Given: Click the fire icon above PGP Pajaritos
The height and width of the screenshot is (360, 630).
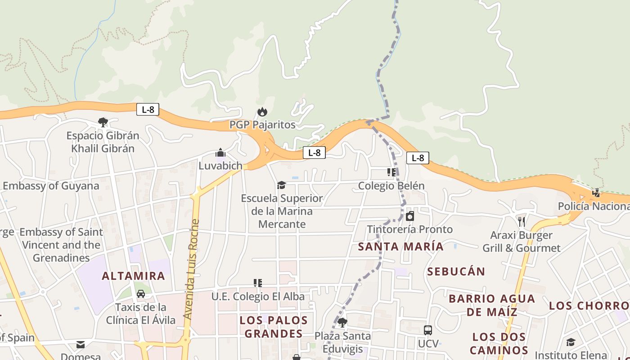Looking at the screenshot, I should [262, 112].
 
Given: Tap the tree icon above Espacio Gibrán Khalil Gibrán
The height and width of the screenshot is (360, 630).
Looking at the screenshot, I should [103, 122].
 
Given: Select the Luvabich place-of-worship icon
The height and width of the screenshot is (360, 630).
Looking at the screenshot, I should [220, 153].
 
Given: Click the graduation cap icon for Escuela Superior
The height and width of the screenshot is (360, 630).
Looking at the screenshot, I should [282, 185].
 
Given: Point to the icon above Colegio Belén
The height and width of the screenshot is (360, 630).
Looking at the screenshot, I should [391, 172].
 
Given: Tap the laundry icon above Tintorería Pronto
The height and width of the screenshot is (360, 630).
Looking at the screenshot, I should [410, 216].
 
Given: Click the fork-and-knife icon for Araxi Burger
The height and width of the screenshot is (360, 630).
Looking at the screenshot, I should [522, 221].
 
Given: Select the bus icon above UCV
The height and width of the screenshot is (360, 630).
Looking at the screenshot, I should [428, 330].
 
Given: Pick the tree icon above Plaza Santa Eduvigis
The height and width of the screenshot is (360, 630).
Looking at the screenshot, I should [342, 322].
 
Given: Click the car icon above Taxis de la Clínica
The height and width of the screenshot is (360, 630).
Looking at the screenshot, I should [141, 294].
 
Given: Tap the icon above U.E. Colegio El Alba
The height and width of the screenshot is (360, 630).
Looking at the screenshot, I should [258, 283].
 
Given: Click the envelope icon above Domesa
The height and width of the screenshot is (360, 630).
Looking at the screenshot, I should [81, 345].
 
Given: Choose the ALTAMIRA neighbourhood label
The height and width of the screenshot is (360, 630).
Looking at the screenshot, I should [134, 276].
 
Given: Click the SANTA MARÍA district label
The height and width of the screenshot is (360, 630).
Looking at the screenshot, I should [401, 247].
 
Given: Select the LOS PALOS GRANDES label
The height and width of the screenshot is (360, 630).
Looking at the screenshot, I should [274, 327].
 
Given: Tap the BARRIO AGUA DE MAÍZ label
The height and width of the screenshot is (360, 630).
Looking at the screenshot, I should [492, 305].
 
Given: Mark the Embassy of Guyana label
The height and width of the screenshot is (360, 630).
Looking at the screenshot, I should [51, 186].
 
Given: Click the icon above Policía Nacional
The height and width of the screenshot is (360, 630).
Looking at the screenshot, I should [596, 193].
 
